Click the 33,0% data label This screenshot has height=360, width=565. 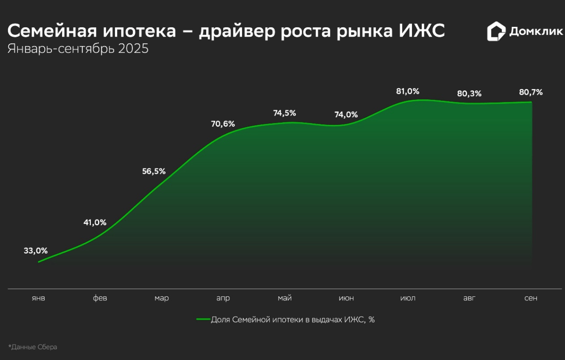(36, 251)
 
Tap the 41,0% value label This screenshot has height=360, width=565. (95, 222)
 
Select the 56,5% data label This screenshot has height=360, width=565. (154, 172)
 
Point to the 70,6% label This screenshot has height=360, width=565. (223, 124)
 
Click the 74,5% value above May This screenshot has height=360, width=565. (284, 113)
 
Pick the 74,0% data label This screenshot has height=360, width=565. (346, 115)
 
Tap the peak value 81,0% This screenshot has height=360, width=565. (408, 91)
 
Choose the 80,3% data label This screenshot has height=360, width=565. (469, 94)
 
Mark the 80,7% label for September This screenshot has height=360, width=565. (531, 92)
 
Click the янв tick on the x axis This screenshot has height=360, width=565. (39, 298)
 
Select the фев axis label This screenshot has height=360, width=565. (100, 298)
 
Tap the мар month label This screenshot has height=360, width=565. (161, 298)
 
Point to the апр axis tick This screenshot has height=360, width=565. (223, 298)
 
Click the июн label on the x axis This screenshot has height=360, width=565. (346, 298)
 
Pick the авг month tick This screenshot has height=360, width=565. (469, 298)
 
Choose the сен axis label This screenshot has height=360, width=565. (531, 298)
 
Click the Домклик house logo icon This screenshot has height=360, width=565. (496, 32)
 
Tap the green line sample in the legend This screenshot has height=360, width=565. (203, 319)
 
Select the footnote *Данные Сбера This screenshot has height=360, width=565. (32, 347)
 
